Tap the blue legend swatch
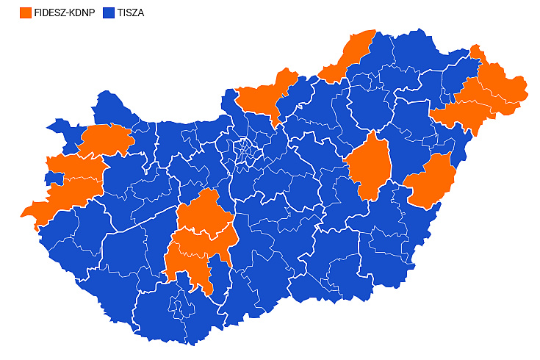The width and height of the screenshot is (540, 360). (110, 12)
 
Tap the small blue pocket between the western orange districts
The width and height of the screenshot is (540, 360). (53, 179)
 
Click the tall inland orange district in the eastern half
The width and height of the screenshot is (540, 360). (370, 165)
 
